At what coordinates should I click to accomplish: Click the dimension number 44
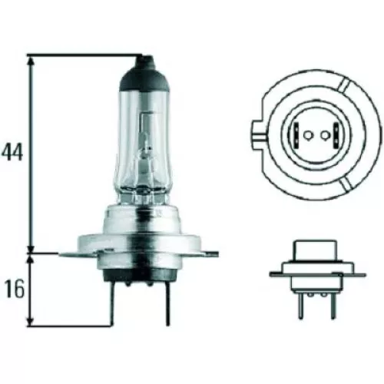13,151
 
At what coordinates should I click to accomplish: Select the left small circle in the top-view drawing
307,137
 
